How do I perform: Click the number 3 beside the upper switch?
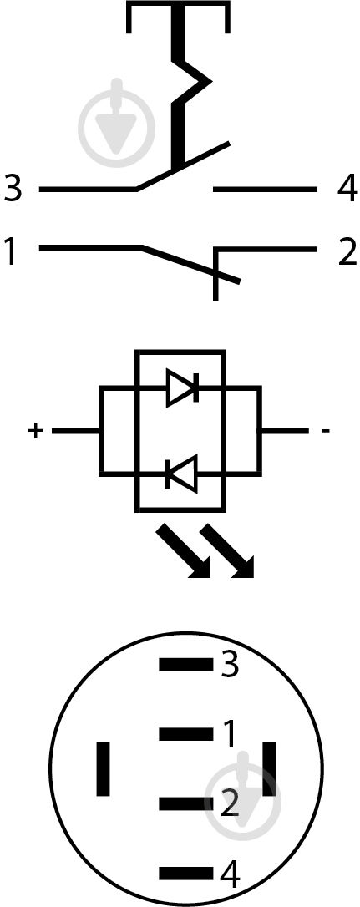pyautogui.click(x=13, y=188)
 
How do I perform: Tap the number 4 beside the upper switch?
pyautogui.click(x=347, y=189)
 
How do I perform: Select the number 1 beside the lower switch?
pyautogui.click(x=10, y=251)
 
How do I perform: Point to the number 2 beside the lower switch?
pyautogui.click(x=347, y=251)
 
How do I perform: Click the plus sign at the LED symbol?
pyautogui.click(x=35, y=430)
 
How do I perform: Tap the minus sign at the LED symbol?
pyautogui.click(x=325, y=431)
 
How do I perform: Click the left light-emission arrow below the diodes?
pyautogui.click(x=184, y=550)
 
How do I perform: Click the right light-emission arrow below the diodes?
pyautogui.click(x=227, y=550)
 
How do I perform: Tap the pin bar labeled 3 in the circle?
pyautogui.click(x=185, y=665)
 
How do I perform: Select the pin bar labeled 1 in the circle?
pyautogui.click(x=185, y=734)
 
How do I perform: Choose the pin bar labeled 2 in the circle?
pyautogui.click(x=185, y=803)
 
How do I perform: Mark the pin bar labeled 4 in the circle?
pyautogui.click(x=185, y=873)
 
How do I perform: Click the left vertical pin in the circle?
pyautogui.click(x=103, y=768)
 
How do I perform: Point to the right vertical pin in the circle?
pyautogui.click(x=269, y=768)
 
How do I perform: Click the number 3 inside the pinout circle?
pyautogui.click(x=230, y=665)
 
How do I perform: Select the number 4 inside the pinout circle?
pyautogui.click(x=230, y=875)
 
